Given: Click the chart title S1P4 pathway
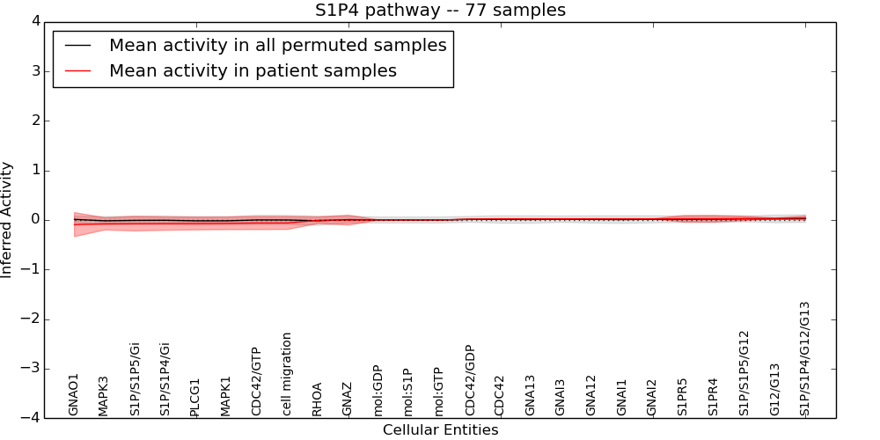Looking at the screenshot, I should pos(440,11).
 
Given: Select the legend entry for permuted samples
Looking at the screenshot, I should pos(277,46).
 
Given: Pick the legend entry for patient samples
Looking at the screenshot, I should pos(253,71).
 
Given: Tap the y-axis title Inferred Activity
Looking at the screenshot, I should pos(8,220).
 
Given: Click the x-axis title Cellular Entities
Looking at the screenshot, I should pos(440,430).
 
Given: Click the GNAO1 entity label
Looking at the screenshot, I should pos(74,393).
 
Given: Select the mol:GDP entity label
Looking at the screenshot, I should pos(378,390).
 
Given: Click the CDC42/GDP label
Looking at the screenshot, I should pos(470,380).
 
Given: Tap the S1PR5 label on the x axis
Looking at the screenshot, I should pos(683,396).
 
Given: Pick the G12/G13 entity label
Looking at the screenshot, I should pos(775,389).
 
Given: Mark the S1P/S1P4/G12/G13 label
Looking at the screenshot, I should pos(805,358).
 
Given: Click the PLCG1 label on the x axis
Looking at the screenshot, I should pos(195,397).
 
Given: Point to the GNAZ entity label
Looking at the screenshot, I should pos(348,398).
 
